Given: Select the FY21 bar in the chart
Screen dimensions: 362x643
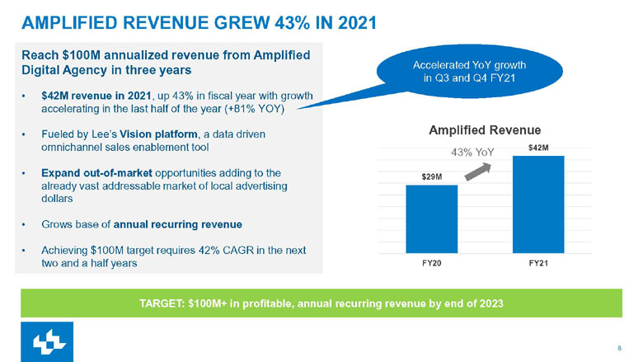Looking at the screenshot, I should pyautogui.click(x=537, y=204).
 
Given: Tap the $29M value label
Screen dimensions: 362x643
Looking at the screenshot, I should pyautogui.click(x=431, y=176).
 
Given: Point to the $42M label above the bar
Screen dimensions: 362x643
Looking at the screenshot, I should pyautogui.click(x=537, y=147).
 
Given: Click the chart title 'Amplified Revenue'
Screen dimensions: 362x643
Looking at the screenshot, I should pyautogui.click(x=485, y=129).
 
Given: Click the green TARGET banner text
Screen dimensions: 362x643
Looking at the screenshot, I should pyautogui.click(x=321, y=303).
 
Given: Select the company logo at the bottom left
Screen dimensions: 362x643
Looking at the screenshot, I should pyautogui.click(x=47, y=341).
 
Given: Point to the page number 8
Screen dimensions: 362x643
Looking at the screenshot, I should pyautogui.click(x=619, y=347).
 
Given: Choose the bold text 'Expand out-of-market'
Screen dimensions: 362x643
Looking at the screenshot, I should pyautogui.click(x=92, y=173).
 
